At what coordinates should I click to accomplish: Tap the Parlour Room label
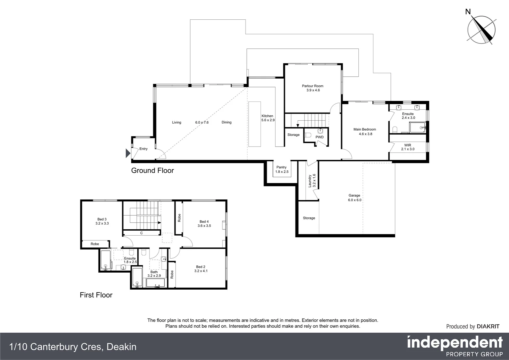(x=313, y=88)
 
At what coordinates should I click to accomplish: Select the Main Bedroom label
(x=365, y=132)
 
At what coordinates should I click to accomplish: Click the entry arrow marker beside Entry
(x=128, y=153)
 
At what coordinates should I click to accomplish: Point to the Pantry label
(x=281, y=169)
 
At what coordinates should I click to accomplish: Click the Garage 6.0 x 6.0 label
(x=354, y=198)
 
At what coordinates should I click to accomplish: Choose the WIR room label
(x=408, y=147)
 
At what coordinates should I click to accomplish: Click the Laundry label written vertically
(x=311, y=180)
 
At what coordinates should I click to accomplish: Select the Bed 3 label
(x=102, y=221)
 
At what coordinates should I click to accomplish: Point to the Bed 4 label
(x=204, y=224)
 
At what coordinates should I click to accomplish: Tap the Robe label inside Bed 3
(x=95, y=244)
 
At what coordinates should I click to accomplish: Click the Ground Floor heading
(x=152, y=171)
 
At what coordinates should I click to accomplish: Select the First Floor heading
(x=96, y=295)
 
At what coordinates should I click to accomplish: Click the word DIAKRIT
(x=488, y=327)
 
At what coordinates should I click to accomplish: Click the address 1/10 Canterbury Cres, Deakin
(x=73, y=347)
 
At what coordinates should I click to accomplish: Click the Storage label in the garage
(x=309, y=218)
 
